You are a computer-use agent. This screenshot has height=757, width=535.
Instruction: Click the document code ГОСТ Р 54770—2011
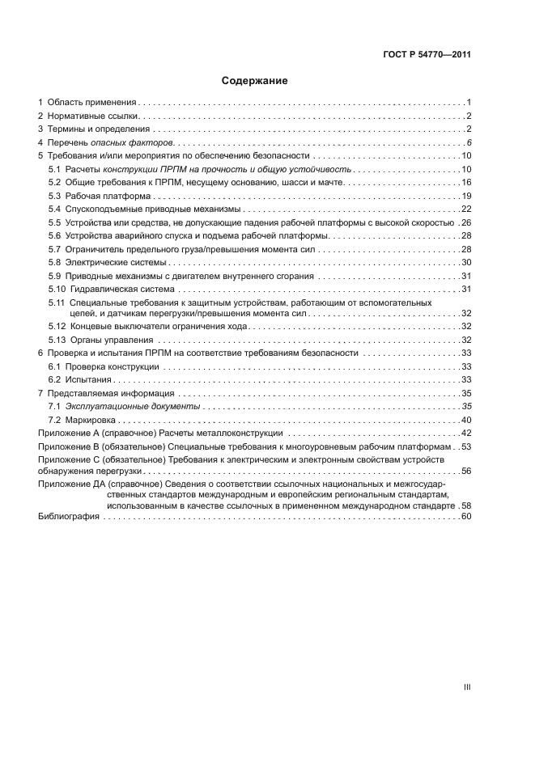click(427, 56)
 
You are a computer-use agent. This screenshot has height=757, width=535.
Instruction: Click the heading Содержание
click(254, 81)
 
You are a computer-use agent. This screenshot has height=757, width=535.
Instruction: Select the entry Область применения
click(91, 104)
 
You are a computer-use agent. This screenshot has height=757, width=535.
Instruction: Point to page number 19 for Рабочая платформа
click(465, 197)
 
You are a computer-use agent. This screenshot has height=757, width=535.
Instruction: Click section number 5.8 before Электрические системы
click(54, 263)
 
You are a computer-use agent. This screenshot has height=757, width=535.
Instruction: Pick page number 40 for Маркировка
click(465, 420)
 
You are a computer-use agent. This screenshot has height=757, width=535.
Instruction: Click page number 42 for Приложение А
click(465, 433)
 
